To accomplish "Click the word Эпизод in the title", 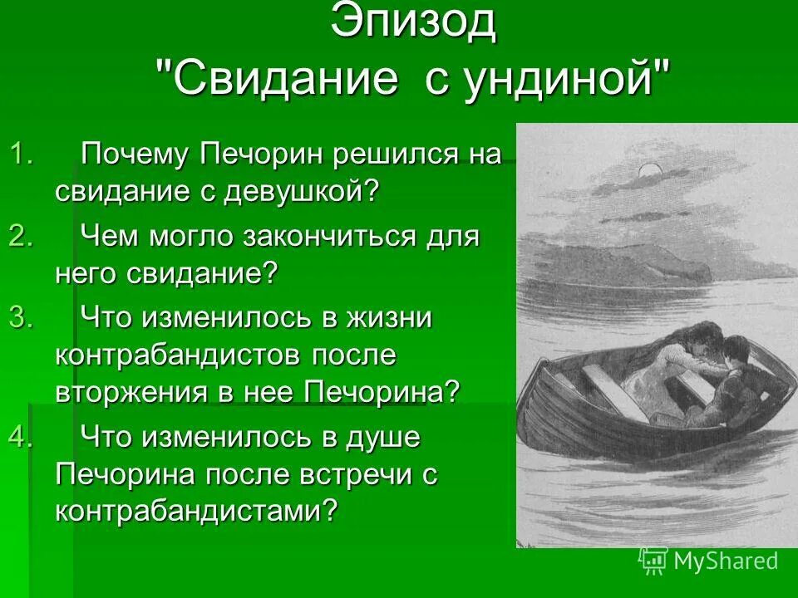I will point(412,22).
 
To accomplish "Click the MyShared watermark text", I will point(726,561).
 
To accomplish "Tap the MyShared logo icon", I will point(653,561).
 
